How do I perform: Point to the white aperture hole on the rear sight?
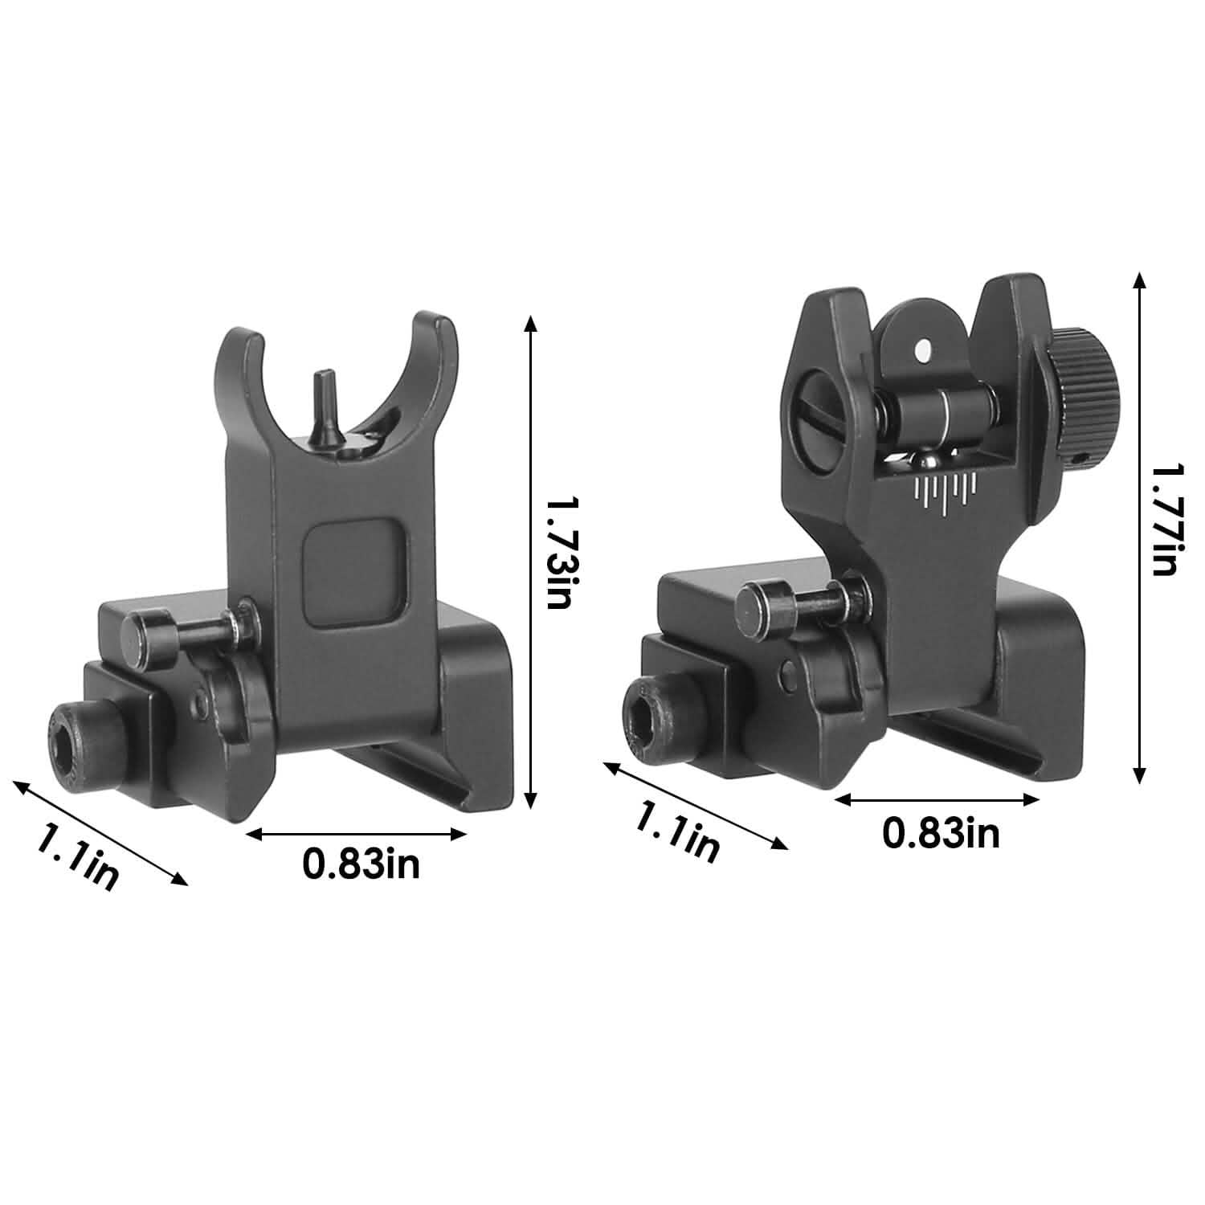(924, 349)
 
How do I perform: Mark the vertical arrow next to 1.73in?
(529, 562)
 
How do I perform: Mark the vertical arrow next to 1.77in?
(1138, 526)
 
